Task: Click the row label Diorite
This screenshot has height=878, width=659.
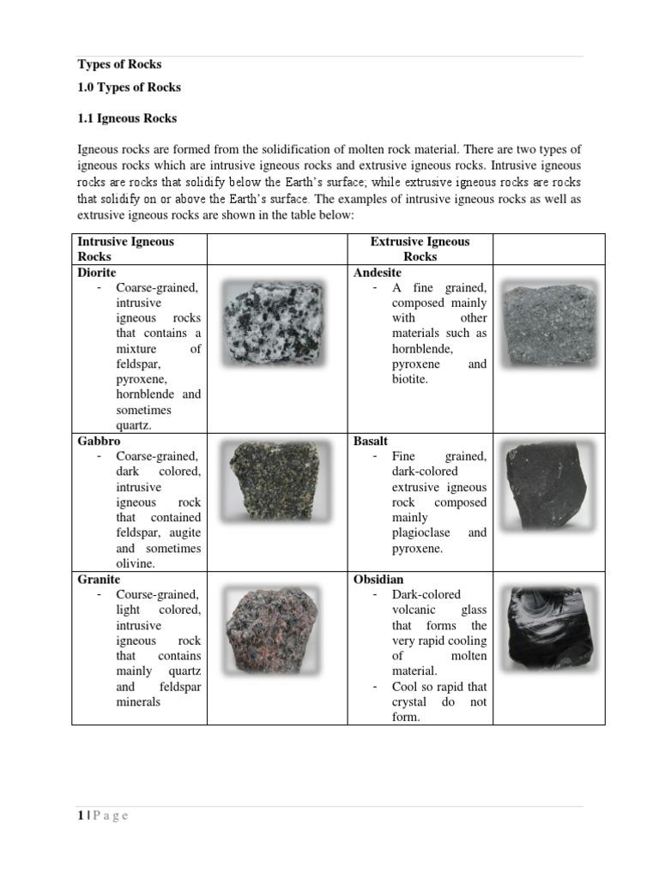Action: coord(97,272)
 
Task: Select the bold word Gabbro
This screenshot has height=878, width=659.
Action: coord(99,441)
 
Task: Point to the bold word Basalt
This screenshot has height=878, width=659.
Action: coord(371,441)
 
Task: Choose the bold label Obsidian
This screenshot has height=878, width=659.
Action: coord(378,580)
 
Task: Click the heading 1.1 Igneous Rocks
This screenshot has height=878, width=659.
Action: coord(127,118)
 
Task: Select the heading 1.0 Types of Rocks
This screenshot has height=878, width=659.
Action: coord(129,87)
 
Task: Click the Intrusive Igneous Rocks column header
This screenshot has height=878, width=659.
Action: coord(125,249)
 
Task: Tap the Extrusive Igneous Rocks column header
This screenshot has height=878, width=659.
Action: coord(420,249)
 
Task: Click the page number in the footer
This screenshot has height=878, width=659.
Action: coord(81,815)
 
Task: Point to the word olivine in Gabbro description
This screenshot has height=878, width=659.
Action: coord(135,563)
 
